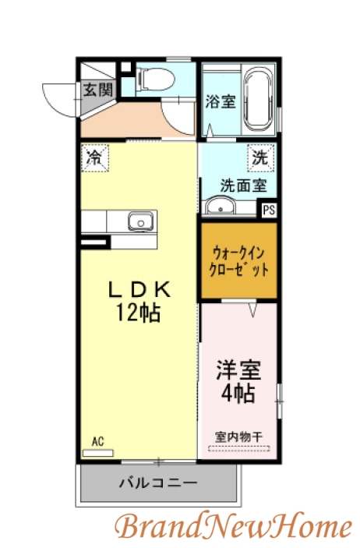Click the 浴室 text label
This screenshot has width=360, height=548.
pyautogui.click(x=221, y=101)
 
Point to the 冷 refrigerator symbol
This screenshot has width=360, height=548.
pyautogui.click(x=94, y=157)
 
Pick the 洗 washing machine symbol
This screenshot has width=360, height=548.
pyautogui.click(x=259, y=157)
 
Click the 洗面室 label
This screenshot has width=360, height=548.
pyautogui.click(x=243, y=186)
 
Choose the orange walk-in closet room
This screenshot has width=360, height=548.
pyautogui.click(x=238, y=261)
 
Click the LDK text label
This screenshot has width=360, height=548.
pyautogui.click(x=139, y=290)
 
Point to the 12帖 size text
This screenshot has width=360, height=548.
pyautogui.click(x=139, y=313)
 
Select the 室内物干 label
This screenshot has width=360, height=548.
pyautogui.click(x=238, y=437)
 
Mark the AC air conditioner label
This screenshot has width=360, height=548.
pyautogui.click(x=97, y=442)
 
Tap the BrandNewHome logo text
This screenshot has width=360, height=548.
pyautogui.click(x=234, y=527)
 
